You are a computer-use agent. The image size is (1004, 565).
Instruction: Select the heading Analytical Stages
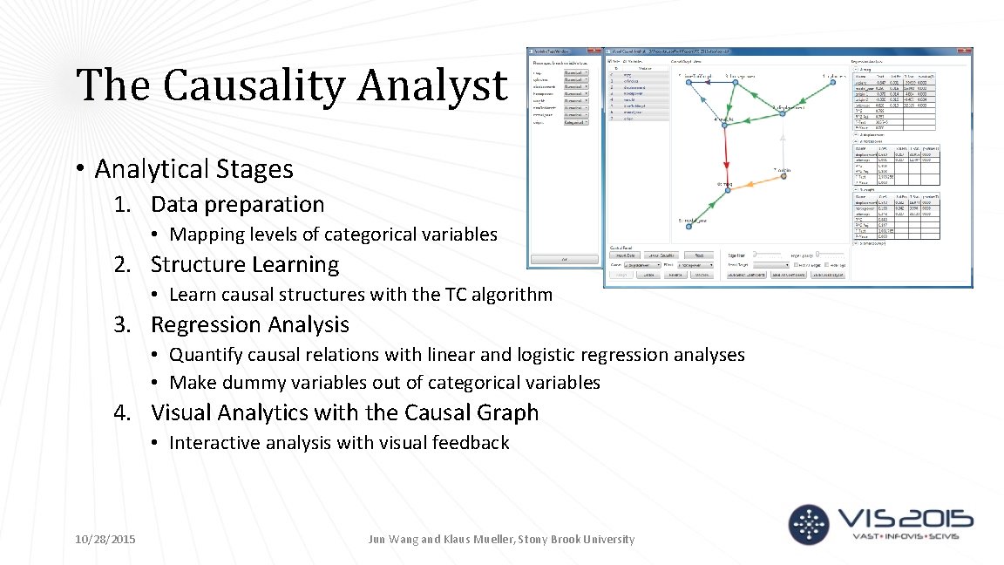pyautogui.click(x=193, y=168)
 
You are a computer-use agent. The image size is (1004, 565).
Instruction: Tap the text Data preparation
pyautogui.click(x=237, y=204)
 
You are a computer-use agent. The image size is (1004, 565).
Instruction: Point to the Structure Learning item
pyautogui.click(x=245, y=264)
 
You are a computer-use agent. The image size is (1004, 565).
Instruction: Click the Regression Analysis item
pyautogui.click(x=249, y=324)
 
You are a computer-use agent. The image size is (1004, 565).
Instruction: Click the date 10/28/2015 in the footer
pyautogui.click(x=105, y=540)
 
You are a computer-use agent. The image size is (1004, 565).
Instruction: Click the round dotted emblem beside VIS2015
pyautogui.click(x=810, y=524)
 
